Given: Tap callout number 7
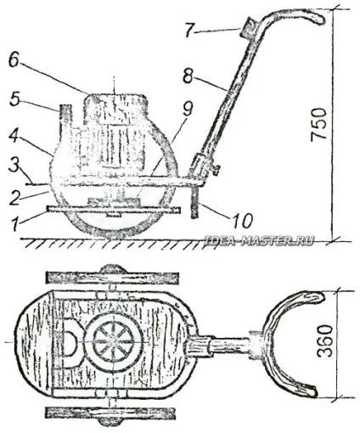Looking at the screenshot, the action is pos(190,30).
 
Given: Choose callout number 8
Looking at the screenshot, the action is pos(188,75).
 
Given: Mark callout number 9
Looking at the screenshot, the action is pos(188,109).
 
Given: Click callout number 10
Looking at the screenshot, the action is pos(242,221).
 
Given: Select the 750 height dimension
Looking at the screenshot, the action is pos(318,123).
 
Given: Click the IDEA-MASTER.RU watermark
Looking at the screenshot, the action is pos(259,240).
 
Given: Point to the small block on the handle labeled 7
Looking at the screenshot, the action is pos(248,28).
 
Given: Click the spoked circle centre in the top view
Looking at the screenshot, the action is pos(113,341).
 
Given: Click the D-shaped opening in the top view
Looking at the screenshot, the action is pos(73,342).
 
